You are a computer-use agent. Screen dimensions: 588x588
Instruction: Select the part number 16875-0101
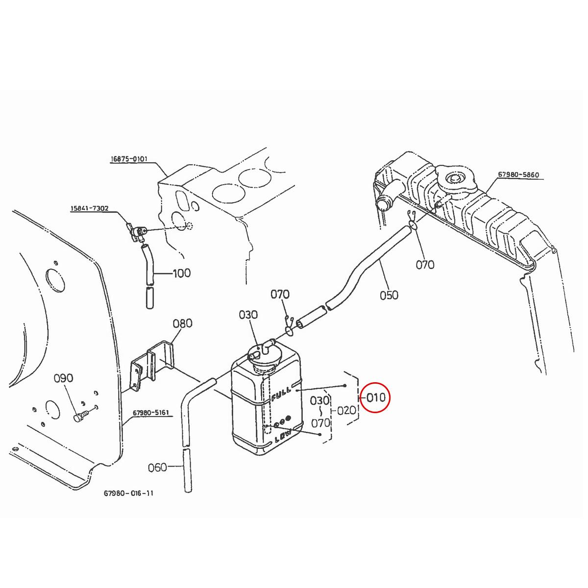(129, 159)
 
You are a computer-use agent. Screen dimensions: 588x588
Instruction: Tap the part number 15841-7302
(89, 209)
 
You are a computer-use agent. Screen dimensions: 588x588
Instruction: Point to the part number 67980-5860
(518, 174)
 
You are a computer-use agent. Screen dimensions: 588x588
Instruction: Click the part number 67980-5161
(150, 413)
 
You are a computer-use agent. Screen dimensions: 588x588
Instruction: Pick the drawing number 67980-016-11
(128, 493)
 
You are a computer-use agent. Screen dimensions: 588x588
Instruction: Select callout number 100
(181, 273)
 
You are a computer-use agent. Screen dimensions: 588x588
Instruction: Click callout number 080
(182, 323)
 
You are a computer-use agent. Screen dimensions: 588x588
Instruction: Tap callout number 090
(63, 378)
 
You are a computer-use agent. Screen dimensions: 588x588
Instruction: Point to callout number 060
(157, 467)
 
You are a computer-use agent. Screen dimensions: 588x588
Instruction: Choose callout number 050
(389, 295)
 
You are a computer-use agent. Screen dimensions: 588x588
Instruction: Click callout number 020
(346, 410)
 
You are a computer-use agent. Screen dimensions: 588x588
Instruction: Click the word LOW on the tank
(283, 436)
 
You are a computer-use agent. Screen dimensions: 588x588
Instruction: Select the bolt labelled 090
(79, 416)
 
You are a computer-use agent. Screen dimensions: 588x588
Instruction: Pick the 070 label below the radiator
(425, 265)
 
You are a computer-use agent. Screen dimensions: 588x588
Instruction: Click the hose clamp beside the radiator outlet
(411, 223)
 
